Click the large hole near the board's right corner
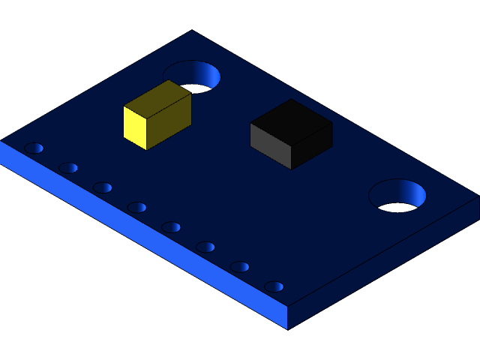[397, 195]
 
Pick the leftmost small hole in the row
[34, 148]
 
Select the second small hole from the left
[68, 167]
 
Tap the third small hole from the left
[103, 187]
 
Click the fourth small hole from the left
[136, 207]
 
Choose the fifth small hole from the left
[171, 226]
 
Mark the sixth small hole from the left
[205, 247]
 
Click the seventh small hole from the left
[240, 266]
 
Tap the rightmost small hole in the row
[274, 286]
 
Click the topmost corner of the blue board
[192, 31]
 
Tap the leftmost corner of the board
[2, 141]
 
